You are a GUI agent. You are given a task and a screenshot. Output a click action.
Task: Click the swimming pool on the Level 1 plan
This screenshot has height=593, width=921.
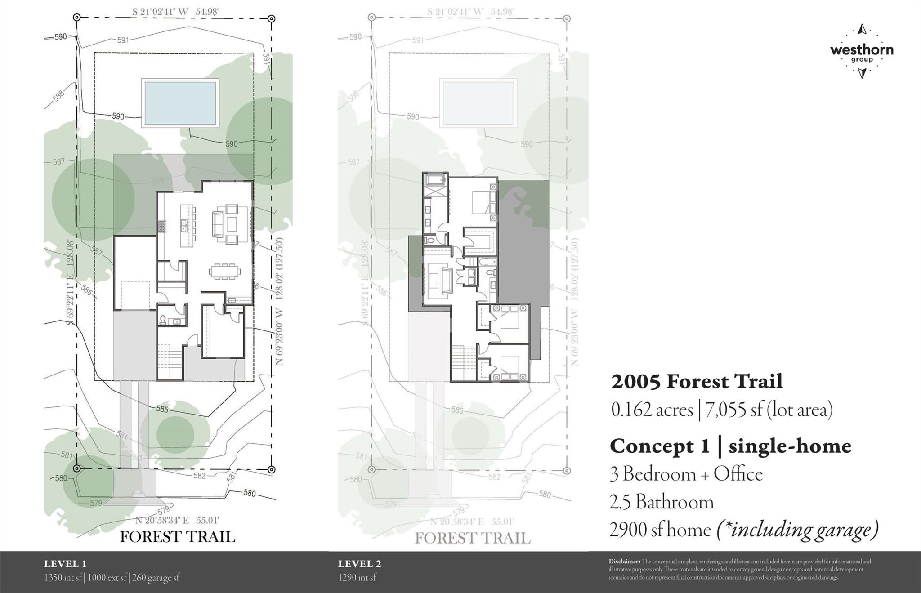click(180, 103)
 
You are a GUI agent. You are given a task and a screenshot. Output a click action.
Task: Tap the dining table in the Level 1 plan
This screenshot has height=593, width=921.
click(224, 271)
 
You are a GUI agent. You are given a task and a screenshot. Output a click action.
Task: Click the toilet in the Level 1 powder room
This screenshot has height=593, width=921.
click(163, 320)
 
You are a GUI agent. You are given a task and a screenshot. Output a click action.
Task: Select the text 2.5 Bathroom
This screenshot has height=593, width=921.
click(662, 502)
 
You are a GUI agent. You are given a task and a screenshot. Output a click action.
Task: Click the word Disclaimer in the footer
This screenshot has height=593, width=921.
click(624, 562)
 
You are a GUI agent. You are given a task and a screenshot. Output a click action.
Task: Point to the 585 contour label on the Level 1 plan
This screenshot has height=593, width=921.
click(162, 409)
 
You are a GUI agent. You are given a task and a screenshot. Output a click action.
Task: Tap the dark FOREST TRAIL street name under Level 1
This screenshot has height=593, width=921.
click(177, 537)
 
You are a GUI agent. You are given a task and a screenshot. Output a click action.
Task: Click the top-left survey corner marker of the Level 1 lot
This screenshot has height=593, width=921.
click(77, 18)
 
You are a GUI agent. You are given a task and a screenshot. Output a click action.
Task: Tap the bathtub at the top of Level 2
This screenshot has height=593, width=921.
click(435, 180)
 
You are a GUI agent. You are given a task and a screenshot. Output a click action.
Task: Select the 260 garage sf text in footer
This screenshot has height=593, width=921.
click(156, 578)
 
